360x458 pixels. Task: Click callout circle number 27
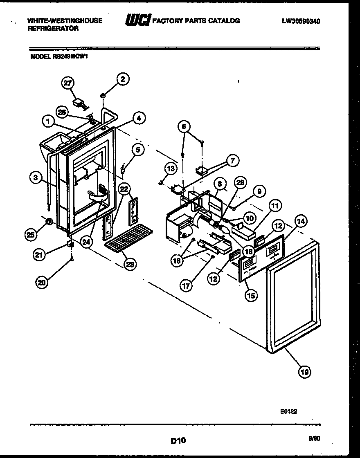(67, 83)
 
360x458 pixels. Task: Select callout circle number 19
(304, 372)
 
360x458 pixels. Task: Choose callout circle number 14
(300, 222)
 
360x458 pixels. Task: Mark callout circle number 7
(232, 161)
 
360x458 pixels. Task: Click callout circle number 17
(186, 286)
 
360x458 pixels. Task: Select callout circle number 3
(36, 177)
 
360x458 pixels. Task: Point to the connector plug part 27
(79, 103)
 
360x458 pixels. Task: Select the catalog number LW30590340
(300, 20)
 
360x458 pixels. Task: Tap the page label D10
(178, 440)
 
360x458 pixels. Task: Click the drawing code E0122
(289, 412)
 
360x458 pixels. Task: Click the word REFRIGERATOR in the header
(53, 29)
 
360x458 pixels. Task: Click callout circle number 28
(241, 183)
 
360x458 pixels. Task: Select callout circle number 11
(275, 206)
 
